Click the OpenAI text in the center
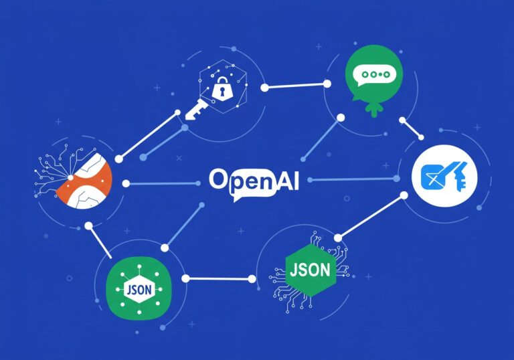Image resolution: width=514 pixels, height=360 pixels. (253, 181)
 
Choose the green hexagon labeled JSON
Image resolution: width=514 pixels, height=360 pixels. (311, 270)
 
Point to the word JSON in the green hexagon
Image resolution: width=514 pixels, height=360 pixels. (311, 269)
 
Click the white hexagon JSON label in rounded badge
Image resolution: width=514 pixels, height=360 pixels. (139, 290)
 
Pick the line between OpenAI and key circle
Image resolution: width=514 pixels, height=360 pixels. (351, 179)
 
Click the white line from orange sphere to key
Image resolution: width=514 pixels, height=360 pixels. (149, 135)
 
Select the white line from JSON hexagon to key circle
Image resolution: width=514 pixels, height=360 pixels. (371, 215)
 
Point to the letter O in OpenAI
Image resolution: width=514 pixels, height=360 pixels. (218, 179)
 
